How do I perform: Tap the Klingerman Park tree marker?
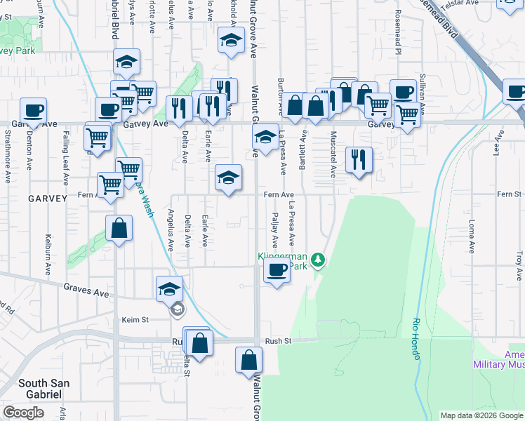(319, 260)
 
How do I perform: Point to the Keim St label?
(135, 319)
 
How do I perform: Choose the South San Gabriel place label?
(34, 388)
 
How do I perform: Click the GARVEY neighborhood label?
(47, 199)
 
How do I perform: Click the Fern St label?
(509, 194)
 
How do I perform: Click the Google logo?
(23, 413)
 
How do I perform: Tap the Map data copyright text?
(481, 415)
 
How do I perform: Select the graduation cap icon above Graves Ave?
(169, 288)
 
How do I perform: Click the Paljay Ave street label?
(274, 232)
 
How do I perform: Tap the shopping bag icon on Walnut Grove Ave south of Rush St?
(248, 360)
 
